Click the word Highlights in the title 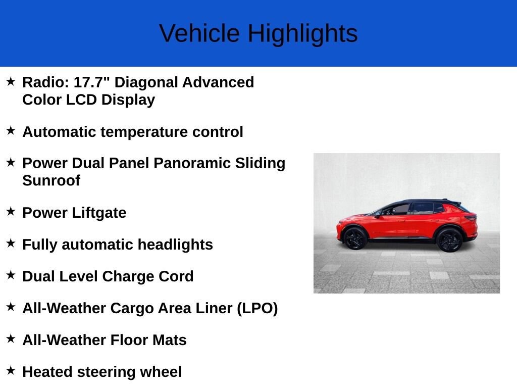click(302, 34)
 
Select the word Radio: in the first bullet click(46, 82)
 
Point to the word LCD click(82, 100)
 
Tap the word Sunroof click(51, 180)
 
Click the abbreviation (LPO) click(257, 308)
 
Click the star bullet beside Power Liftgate click(11, 212)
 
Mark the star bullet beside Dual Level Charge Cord click(11, 275)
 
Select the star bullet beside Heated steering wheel click(11, 371)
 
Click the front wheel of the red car click(355, 238)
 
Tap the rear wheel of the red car click(449, 239)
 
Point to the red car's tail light click(471, 218)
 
